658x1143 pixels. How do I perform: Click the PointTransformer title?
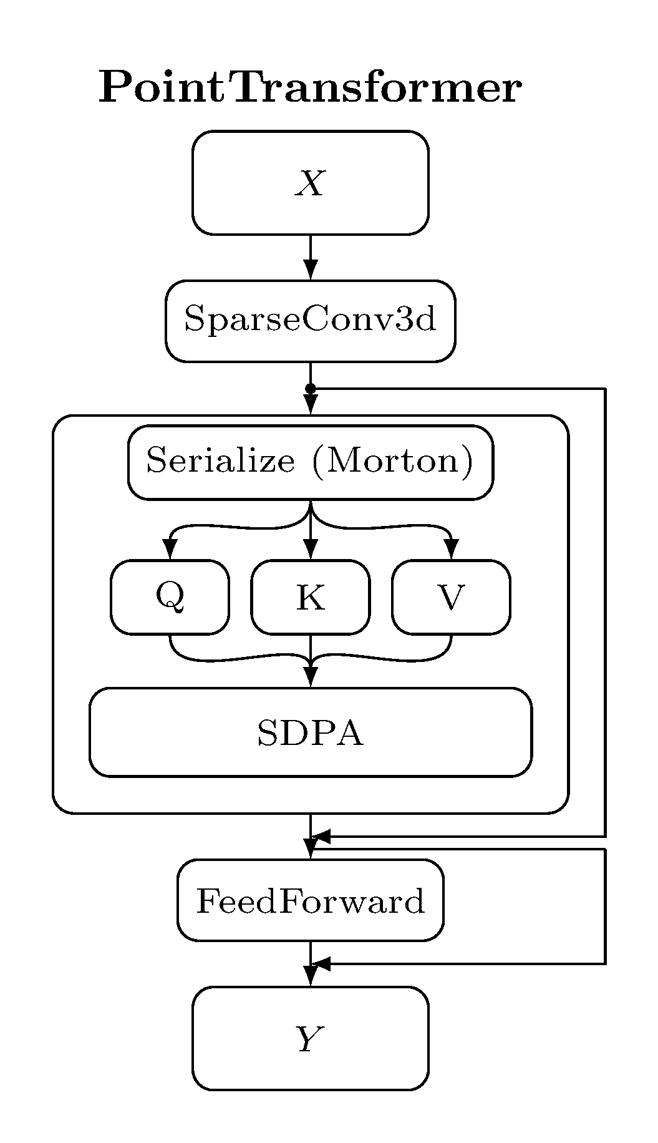coord(310,88)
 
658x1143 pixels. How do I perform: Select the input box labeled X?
coord(310,183)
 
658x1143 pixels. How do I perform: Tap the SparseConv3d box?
coord(310,321)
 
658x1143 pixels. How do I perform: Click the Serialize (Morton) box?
coord(310,462)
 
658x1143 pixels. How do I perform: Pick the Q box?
coord(170,597)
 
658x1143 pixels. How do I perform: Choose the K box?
coord(310,597)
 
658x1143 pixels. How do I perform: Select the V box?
coord(451,597)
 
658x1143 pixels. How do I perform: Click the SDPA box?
coord(310,732)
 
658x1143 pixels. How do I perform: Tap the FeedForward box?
coord(310,900)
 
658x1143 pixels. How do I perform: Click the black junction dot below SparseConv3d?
coord(310,389)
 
